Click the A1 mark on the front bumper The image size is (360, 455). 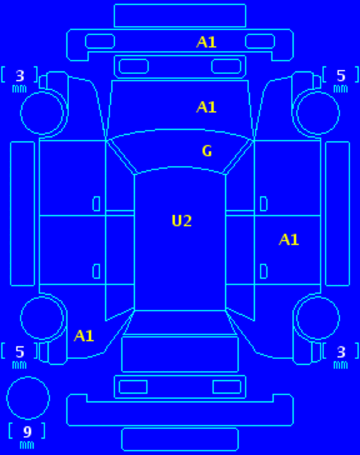(206, 42)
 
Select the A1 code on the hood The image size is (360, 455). (206, 107)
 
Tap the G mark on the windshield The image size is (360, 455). (207, 151)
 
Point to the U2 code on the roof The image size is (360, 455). (181, 221)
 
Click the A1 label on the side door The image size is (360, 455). (289, 240)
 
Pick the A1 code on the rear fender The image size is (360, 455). (84, 336)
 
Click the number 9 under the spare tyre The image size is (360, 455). (28, 432)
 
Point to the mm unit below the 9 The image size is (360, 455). (27, 444)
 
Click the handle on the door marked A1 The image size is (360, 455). (263, 272)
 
